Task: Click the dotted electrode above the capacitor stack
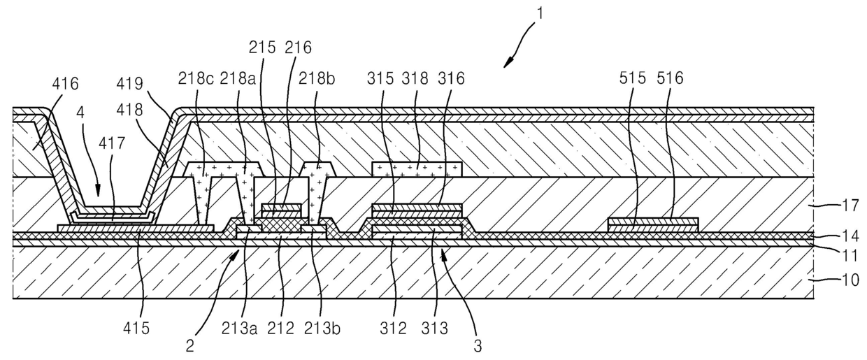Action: tap(417, 169)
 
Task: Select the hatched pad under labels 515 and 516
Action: tap(652, 224)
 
